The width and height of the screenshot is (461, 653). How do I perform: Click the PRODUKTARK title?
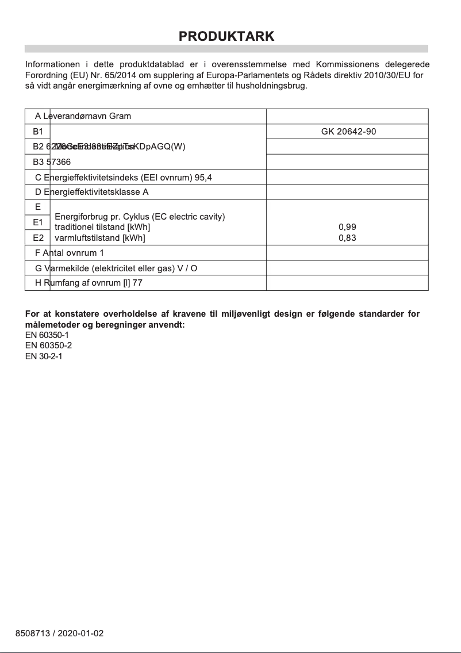[226, 36]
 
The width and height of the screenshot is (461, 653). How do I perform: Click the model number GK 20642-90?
[348, 132]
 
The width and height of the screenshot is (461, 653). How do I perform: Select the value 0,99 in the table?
[347, 227]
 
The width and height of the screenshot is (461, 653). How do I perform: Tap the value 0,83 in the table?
[347, 237]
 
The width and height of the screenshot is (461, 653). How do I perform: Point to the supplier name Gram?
[120, 116]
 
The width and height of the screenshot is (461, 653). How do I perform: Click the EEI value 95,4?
[203, 177]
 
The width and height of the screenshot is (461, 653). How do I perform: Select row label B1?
[38, 132]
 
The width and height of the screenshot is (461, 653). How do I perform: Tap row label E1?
[38, 222]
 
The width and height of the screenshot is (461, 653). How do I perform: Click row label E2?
[38, 237]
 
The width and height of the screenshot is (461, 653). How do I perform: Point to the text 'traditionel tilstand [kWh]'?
[102, 227]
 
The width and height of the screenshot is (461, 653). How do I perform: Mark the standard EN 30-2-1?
[44, 356]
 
